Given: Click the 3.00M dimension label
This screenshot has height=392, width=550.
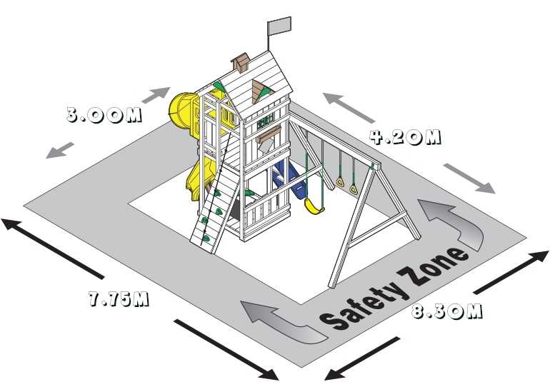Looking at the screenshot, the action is (x=104, y=115).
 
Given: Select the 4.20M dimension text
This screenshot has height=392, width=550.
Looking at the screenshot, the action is (x=405, y=137).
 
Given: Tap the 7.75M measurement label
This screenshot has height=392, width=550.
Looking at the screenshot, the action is (x=119, y=298).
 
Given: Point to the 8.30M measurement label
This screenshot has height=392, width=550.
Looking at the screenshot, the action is (x=446, y=311).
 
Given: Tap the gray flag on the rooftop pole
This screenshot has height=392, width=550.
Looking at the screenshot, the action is (x=279, y=26).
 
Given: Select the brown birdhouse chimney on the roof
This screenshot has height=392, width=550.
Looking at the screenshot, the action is (x=240, y=62).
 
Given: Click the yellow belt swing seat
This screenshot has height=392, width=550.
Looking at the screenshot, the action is (x=314, y=206).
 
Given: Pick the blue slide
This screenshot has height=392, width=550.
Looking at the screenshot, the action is (x=289, y=181).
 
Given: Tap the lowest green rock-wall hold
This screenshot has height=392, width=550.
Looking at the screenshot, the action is (x=206, y=238).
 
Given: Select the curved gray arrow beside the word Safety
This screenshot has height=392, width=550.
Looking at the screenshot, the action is (x=284, y=321).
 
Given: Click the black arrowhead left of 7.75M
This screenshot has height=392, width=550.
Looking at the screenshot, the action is (x=11, y=223).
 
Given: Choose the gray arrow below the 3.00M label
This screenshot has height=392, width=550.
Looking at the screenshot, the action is (x=59, y=150).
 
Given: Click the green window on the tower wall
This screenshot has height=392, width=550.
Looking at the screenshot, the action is (x=265, y=122).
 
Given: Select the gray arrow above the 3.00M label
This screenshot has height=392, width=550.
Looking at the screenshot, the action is (x=156, y=95).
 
